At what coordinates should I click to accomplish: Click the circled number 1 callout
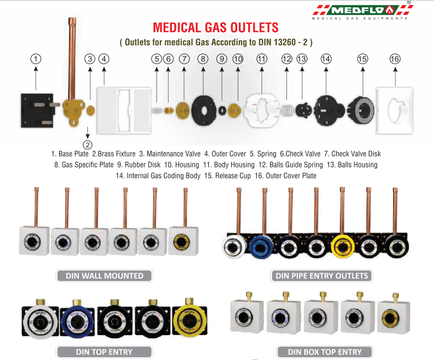35,59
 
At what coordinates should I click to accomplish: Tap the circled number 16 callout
395,59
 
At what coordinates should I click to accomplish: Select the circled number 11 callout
262,59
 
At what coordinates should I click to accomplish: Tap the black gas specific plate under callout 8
204,108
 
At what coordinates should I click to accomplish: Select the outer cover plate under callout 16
395,109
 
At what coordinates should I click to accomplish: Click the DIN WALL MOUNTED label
104,275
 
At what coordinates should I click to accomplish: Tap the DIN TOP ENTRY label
104,351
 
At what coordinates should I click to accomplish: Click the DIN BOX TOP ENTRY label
325,351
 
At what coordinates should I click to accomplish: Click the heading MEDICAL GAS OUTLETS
216,28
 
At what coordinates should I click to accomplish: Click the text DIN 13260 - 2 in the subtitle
278,42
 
